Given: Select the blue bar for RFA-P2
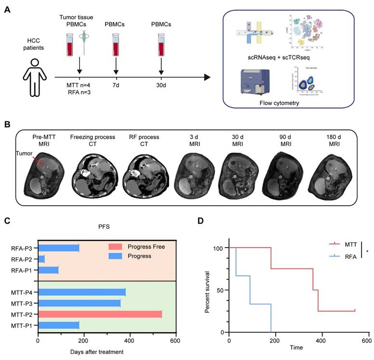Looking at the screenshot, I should (41, 259).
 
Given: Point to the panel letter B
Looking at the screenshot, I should (7, 124).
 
